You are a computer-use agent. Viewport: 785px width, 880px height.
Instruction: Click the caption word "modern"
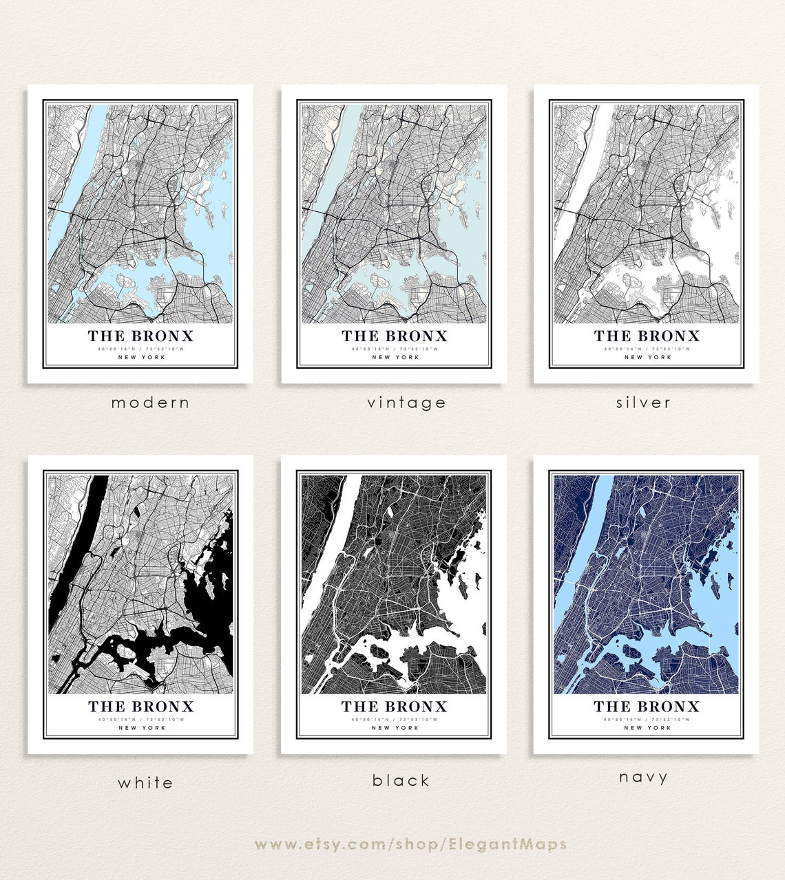[150, 403]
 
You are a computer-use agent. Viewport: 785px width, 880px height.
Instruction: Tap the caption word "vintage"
[406, 403]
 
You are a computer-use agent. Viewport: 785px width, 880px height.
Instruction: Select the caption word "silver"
[643, 403]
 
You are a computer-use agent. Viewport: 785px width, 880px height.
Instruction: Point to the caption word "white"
[145, 782]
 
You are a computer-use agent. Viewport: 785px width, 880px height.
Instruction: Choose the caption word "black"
[401, 780]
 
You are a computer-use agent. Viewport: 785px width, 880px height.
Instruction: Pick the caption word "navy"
[643, 777]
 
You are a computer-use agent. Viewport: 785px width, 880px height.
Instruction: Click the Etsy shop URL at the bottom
[410, 844]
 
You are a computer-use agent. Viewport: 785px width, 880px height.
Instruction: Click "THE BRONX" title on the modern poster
[140, 336]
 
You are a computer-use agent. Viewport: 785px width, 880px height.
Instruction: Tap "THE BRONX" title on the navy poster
[647, 707]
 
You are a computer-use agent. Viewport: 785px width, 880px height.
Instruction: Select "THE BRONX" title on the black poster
[394, 707]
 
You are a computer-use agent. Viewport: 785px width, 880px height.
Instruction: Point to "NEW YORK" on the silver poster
[647, 357]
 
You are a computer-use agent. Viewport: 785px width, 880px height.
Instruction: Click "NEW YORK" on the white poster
[141, 728]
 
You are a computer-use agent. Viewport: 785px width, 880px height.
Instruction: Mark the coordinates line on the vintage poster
[394, 349]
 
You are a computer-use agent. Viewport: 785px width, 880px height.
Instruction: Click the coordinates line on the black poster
[394, 720]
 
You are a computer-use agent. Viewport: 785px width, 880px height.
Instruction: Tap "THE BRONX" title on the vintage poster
[394, 336]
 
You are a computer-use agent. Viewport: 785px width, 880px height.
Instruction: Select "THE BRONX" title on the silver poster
[647, 336]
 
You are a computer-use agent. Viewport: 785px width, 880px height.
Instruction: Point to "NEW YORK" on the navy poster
[647, 728]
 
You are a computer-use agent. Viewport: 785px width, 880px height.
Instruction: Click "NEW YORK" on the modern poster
[141, 357]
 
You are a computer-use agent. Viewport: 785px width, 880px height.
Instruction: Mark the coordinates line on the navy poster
[647, 720]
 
